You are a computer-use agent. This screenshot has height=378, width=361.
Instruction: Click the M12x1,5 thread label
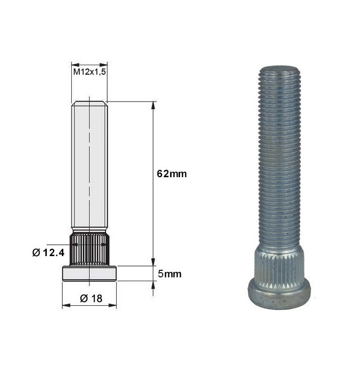[x=89, y=72]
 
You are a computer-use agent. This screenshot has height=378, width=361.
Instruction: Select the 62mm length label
[x=172, y=173]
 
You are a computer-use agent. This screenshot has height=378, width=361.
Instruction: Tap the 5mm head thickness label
[x=170, y=274]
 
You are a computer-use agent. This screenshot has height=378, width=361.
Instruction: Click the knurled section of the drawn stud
[x=89, y=250]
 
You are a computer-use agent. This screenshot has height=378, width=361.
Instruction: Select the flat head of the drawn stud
[x=89, y=274]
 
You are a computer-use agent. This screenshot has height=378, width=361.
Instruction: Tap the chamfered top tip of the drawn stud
[x=89, y=103]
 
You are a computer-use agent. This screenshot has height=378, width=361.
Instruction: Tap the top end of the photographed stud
[x=279, y=69]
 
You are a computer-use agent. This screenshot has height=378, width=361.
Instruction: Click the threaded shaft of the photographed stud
[x=279, y=156]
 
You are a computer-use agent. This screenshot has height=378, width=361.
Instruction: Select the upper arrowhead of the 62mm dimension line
[x=153, y=105]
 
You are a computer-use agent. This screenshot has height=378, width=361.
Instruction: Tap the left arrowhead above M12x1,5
[x=74, y=64]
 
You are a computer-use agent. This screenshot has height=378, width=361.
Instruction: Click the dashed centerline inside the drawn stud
[x=89, y=142]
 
